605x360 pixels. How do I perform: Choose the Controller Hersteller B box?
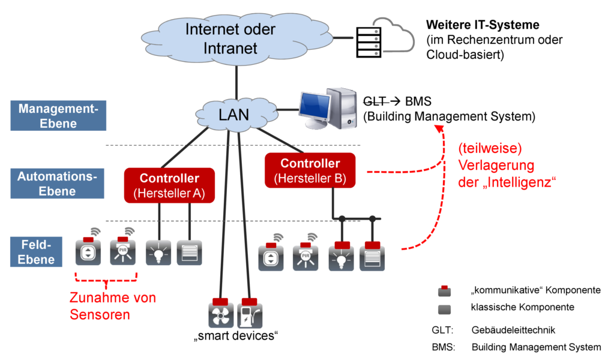click(310, 170)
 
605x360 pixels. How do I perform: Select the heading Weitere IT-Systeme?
click(483, 25)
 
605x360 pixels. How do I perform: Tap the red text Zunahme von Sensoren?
click(113, 305)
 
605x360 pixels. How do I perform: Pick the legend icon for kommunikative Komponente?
click(444, 292)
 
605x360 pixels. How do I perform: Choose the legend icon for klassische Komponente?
click(444, 308)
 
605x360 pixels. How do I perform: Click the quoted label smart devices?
click(235, 335)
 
